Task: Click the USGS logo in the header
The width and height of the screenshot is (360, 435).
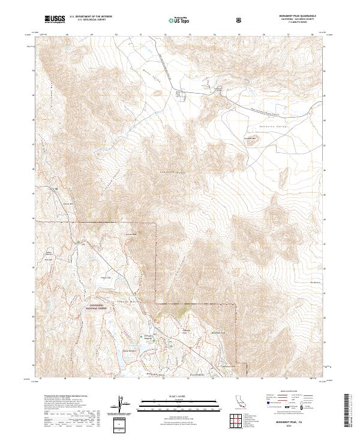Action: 55,19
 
